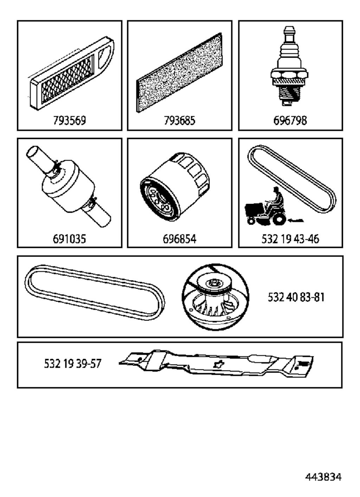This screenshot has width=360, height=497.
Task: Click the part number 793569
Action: point(69,121)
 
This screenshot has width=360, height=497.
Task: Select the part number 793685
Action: point(180,121)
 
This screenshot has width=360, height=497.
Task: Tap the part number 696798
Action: point(290,121)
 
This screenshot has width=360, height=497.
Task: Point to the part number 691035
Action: point(69,239)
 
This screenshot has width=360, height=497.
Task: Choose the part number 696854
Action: point(180,239)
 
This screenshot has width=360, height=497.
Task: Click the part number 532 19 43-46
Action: point(290,239)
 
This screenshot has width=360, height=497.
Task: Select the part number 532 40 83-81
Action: point(296,297)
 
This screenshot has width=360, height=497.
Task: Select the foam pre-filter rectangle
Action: point(179,73)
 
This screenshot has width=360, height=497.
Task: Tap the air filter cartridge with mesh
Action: point(71,73)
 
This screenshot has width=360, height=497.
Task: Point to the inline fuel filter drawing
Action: point(68,186)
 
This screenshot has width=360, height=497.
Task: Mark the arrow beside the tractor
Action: point(296,220)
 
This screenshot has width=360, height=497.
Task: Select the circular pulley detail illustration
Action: point(215,297)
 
